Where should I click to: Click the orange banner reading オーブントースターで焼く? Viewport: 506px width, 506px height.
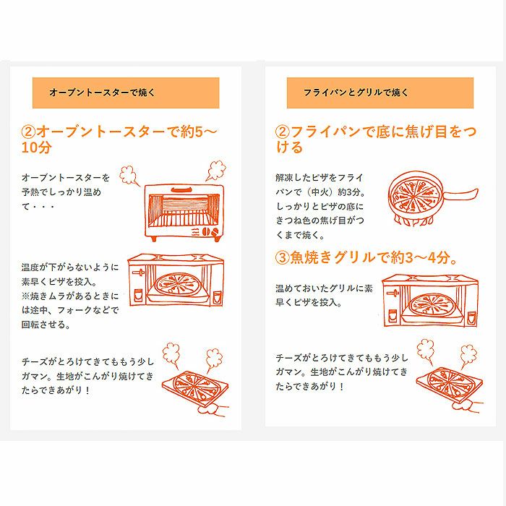[x=126, y=93]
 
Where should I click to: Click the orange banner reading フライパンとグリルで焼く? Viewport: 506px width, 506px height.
[x=380, y=93]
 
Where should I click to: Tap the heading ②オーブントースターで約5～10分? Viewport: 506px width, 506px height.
[x=119, y=140]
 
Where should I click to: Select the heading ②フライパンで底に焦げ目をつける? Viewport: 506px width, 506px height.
[x=376, y=140]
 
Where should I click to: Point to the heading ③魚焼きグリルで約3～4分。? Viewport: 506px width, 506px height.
[x=366, y=257]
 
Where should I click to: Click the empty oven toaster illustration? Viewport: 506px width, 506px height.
[x=184, y=213]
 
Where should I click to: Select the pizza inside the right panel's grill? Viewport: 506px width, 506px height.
[x=431, y=304]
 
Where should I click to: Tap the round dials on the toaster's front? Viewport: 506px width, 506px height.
[x=210, y=231]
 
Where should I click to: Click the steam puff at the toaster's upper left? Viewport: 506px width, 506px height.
[x=129, y=176]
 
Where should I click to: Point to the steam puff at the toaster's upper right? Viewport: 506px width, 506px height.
[x=216, y=170]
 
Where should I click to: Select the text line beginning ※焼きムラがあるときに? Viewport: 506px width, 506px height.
[x=70, y=296]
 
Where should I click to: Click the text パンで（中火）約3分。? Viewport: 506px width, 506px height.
[x=321, y=192]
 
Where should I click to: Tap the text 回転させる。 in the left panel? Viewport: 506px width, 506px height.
[x=46, y=325]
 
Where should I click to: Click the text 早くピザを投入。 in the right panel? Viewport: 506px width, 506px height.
[x=309, y=302]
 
